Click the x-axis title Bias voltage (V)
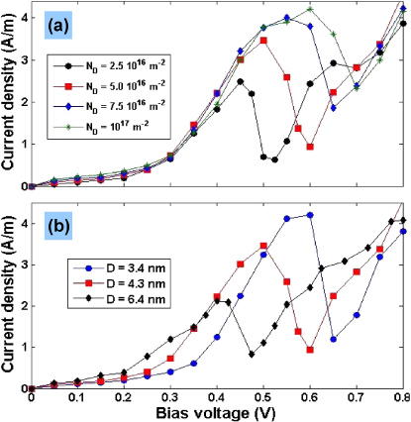[217, 411]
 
